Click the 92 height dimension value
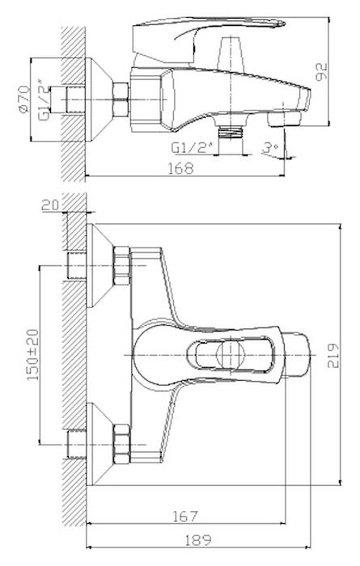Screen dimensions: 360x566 (x=321, y=71)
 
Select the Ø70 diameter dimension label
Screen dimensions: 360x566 (x=24, y=99)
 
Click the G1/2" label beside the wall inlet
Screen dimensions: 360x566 (x=44, y=102)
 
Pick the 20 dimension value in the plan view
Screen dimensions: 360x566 (x=50, y=205)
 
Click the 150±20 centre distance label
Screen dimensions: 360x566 (x=33, y=354)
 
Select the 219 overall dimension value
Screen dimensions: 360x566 (x=333, y=355)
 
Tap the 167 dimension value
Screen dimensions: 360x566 (x=185, y=516)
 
